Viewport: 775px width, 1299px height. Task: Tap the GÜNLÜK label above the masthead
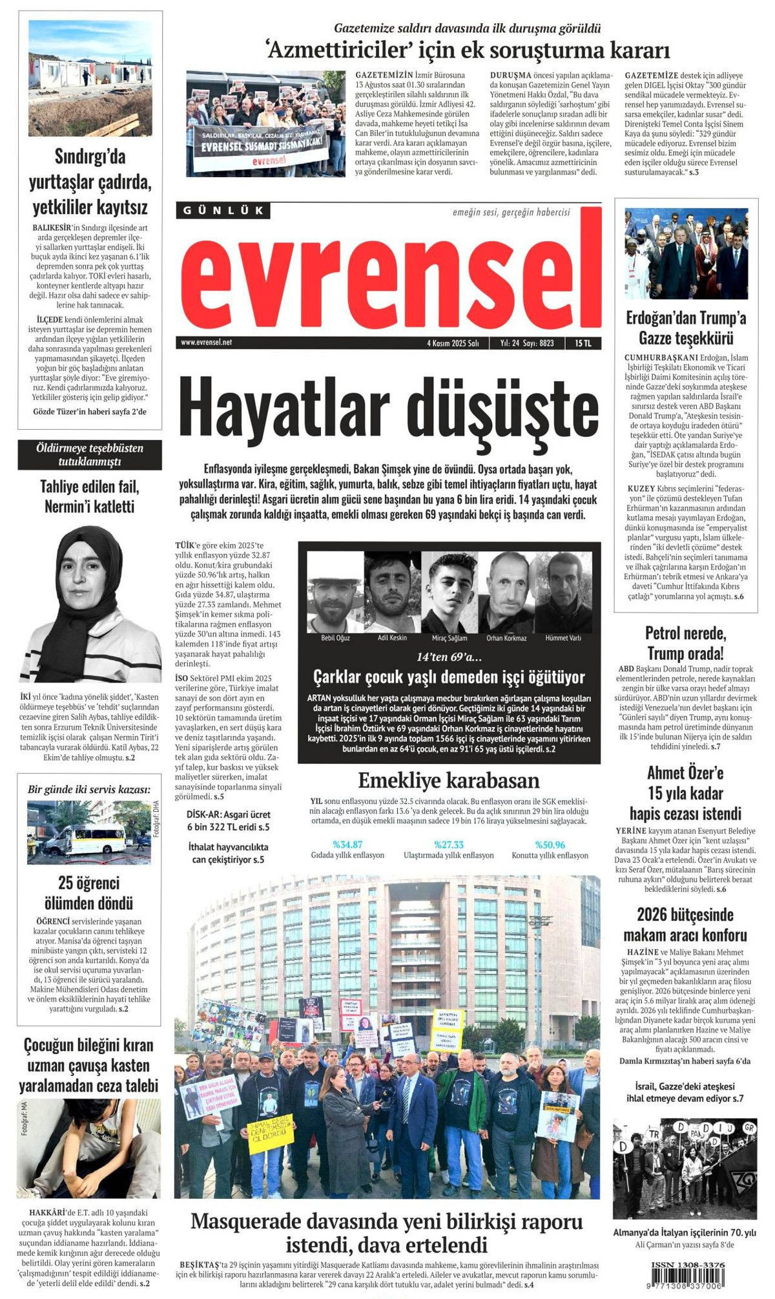click(x=223, y=210)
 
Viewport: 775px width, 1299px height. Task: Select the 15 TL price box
click(x=583, y=343)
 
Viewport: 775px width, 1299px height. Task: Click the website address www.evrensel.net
click(x=207, y=343)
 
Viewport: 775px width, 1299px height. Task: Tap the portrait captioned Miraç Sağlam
click(x=449, y=592)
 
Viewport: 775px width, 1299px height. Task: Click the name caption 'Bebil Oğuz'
click(x=335, y=638)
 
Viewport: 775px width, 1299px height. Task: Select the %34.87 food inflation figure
click(x=347, y=844)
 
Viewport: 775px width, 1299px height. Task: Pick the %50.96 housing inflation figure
click(x=550, y=844)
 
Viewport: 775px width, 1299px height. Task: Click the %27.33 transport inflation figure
click(x=449, y=844)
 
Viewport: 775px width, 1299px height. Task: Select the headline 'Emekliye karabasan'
click(x=448, y=780)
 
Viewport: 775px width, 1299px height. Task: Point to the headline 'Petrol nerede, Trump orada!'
click(x=685, y=642)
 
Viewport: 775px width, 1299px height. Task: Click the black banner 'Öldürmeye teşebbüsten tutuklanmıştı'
click(x=90, y=454)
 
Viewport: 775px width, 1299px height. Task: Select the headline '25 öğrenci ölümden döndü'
click(x=89, y=892)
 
